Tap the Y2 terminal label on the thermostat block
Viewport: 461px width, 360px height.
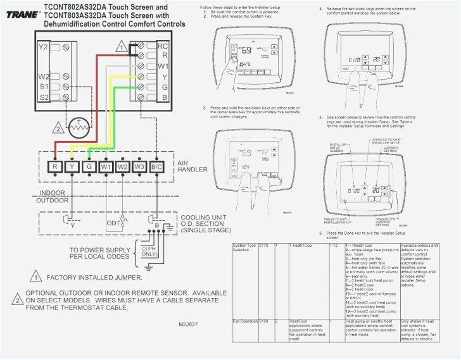(x=42, y=47)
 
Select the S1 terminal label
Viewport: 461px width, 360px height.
(x=43, y=86)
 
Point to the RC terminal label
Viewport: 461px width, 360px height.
(x=163, y=46)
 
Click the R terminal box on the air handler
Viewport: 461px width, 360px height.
(x=56, y=166)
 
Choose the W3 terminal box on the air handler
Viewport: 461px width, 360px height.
(x=139, y=166)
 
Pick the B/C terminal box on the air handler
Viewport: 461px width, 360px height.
(x=157, y=166)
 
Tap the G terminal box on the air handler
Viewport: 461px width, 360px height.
(x=89, y=166)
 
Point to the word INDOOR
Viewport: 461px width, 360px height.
(x=53, y=193)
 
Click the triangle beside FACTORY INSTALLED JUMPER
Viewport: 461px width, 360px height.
(x=35, y=277)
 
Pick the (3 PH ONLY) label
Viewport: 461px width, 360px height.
(x=150, y=251)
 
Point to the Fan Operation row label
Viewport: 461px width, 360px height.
(x=245, y=322)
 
